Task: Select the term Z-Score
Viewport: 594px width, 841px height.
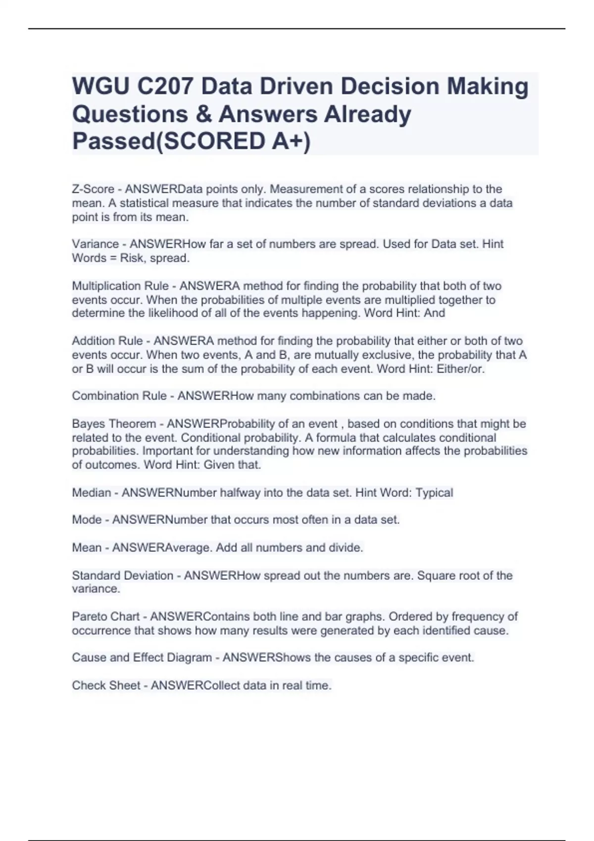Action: [93, 189]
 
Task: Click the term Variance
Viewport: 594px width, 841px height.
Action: [95, 244]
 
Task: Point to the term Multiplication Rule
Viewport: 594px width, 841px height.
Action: [120, 286]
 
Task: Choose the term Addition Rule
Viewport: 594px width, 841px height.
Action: [107, 341]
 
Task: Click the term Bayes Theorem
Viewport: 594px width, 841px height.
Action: [114, 424]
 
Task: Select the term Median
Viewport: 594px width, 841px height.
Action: [92, 493]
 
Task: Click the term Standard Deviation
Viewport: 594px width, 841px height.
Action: [123, 576]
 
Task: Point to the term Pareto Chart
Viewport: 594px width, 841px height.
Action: [105, 617]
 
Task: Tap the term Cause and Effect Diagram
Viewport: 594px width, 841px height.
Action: [142, 658]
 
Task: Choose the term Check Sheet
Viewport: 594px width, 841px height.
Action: [106, 686]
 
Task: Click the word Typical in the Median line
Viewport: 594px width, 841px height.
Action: [434, 493]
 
